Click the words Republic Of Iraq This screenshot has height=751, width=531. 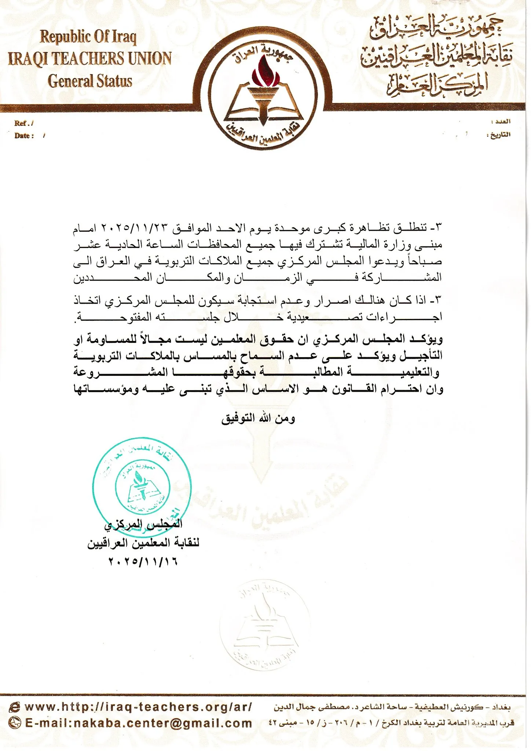pos(88,36)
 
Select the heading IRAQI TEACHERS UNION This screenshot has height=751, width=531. pos(90,59)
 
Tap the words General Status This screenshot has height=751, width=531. pos(90,81)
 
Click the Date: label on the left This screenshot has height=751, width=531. pos(24,136)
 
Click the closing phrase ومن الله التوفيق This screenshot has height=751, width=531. pos(258,418)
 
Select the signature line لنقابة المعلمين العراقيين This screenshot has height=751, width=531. pos(143,543)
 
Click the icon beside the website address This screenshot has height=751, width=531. pos(15,707)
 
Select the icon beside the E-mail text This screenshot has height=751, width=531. pos(15,723)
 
